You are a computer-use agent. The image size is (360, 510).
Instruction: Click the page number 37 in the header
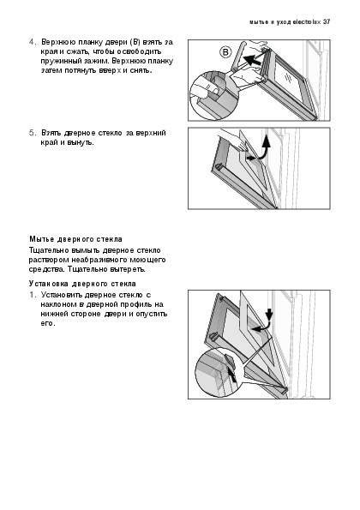(x=327, y=22)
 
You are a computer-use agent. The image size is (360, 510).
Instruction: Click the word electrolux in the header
(x=307, y=22)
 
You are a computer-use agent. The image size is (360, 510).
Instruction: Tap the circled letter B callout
(x=225, y=52)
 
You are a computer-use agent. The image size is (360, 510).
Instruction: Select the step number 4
(x=32, y=42)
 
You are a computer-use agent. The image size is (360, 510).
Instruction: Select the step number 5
(x=32, y=133)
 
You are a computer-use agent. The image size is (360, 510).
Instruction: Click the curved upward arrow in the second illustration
(x=264, y=147)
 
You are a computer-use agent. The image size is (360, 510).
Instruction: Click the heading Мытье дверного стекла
(x=75, y=239)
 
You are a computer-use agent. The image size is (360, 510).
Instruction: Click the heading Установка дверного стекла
(x=82, y=284)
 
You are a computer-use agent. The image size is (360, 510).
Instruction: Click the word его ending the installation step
(x=47, y=324)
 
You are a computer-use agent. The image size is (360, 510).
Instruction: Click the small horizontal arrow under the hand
(x=251, y=158)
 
